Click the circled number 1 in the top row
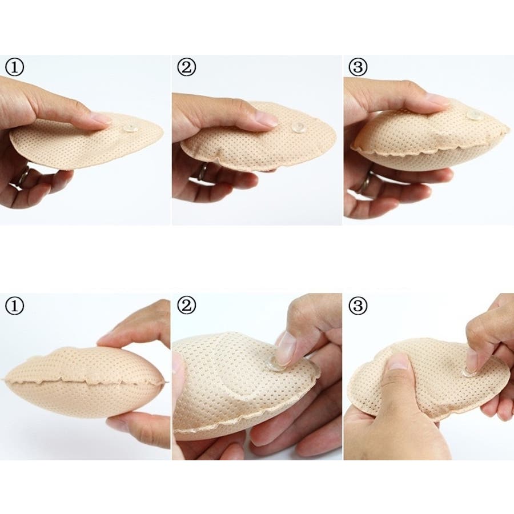tap(14, 67)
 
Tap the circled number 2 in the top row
tap(186, 67)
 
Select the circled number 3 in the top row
tap(358, 67)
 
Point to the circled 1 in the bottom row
tap(14, 306)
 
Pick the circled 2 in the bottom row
tap(186, 306)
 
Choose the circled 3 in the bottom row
tap(358, 306)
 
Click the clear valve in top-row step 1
tap(130, 128)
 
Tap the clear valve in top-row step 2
tap(298, 128)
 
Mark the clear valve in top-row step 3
tap(475, 115)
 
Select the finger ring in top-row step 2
tap(203, 172)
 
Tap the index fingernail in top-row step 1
tap(101, 118)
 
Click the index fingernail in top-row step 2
tap(267, 118)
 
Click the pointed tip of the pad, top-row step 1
tap(162, 132)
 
